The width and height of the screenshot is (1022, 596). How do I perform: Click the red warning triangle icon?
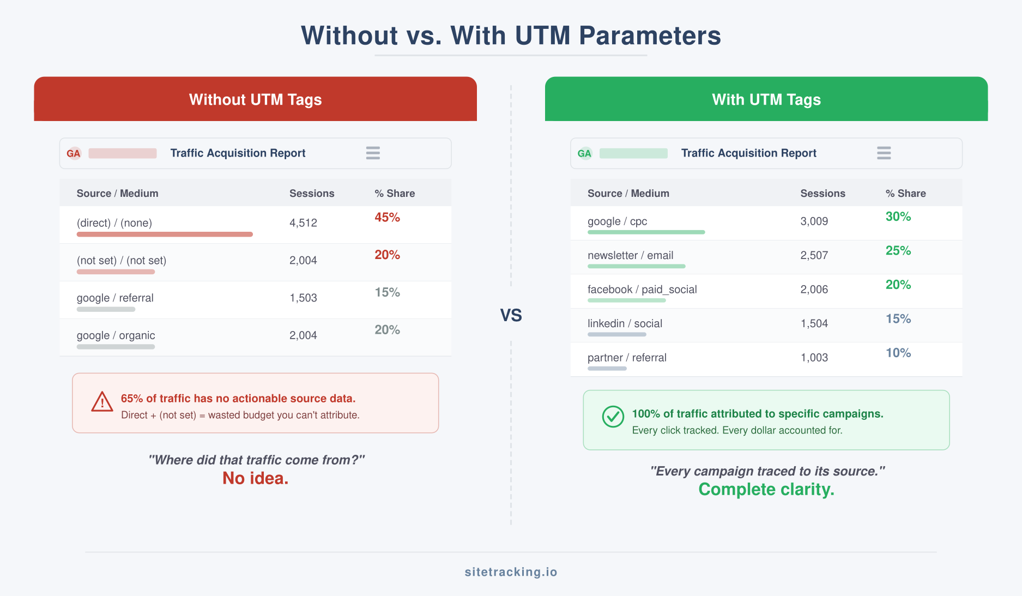(102, 402)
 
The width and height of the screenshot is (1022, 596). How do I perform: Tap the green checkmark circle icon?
(613, 417)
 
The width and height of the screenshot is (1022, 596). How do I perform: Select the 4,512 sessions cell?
(303, 223)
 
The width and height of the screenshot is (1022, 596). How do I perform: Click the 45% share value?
(387, 218)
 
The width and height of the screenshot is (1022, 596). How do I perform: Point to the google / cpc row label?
(617, 221)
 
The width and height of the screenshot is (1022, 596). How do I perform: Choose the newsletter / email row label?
(630, 255)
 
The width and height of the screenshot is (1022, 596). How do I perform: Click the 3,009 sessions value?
(814, 221)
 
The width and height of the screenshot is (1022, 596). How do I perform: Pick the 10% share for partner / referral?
(898, 353)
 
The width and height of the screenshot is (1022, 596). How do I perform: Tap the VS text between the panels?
(511, 315)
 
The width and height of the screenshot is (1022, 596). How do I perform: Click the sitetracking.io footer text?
(511, 571)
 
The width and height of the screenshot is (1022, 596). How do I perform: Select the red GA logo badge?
(74, 153)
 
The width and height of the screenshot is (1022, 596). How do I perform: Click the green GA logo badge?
(584, 153)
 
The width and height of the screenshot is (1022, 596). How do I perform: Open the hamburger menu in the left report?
(373, 153)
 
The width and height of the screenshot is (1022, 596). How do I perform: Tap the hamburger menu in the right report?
(884, 153)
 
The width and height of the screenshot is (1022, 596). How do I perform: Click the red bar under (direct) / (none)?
(165, 234)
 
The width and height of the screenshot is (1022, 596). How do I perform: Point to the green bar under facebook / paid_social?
(626, 300)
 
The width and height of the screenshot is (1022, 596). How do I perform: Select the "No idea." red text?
(255, 478)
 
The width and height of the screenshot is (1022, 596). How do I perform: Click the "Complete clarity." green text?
(766, 489)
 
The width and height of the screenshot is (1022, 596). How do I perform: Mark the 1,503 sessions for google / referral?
(303, 298)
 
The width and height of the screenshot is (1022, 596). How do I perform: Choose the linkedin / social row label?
(625, 323)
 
